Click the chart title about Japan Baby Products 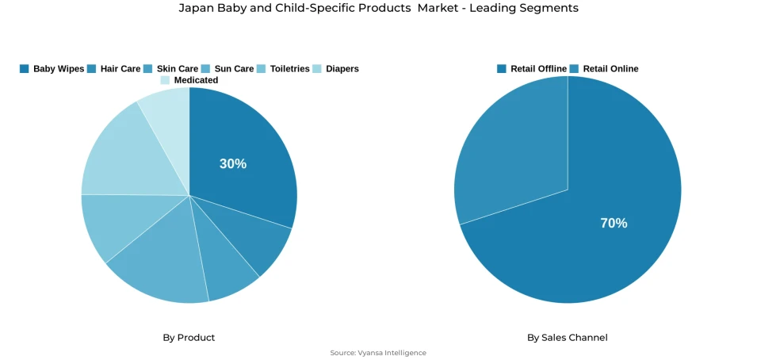tap(378, 8)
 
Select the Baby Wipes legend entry tap(52, 69)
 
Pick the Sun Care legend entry tap(228, 69)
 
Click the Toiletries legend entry tap(284, 69)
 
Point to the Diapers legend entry tap(336, 69)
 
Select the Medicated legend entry tap(189, 80)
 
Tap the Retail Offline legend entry tap(532, 69)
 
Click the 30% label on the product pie tap(233, 164)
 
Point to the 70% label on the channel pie tap(614, 224)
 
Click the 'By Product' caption tap(189, 338)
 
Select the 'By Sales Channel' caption tap(568, 338)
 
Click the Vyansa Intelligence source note tap(378, 353)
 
